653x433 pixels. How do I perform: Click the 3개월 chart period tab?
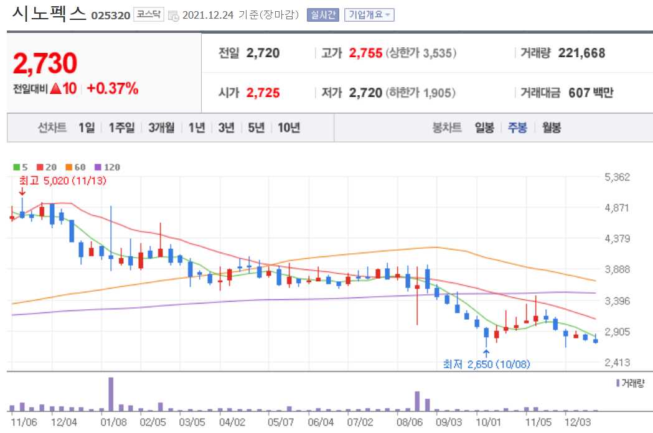pyautogui.click(x=161, y=128)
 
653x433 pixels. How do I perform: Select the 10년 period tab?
pyautogui.click(x=289, y=128)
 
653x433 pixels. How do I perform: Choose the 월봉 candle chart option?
pyautogui.click(x=552, y=128)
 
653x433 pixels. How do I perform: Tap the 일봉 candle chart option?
pyautogui.click(x=484, y=128)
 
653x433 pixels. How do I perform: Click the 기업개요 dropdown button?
pyautogui.click(x=369, y=15)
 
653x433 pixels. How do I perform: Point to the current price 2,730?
pyautogui.click(x=45, y=63)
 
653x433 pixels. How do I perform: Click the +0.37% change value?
pyautogui.click(x=112, y=88)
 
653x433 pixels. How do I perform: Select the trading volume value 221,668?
pyautogui.click(x=581, y=54)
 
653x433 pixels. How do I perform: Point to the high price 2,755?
pyautogui.click(x=365, y=54)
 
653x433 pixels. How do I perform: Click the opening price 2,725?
pyautogui.click(x=263, y=93)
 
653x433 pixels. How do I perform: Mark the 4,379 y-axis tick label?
pyautogui.click(x=618, y=238)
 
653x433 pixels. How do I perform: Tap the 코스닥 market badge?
pyautogui.click(x=150, y=15)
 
